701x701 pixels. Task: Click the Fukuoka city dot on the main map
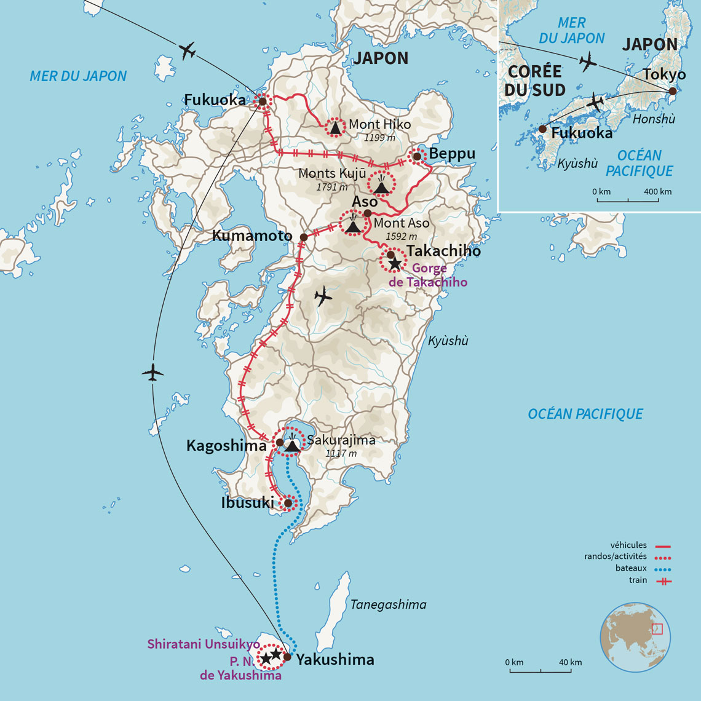pyautogui.click(x=262, y=101)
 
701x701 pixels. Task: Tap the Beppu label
pyautogui.click(x=452, y=154)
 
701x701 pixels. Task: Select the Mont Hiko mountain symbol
pyautogui.click(x=335, y=128)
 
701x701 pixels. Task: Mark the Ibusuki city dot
pyautogui.click(x=287, y=504)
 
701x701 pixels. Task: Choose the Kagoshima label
pyautogui.click(x=227, y=446)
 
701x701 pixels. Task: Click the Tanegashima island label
pyautogui.click(x=388, y=604)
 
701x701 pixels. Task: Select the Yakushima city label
pyautogui.click(x=335, y=660)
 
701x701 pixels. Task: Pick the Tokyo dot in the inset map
pyautogui.click(x=673, y=91)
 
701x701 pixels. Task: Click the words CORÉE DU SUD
pyautogui.click(x=535, y=81)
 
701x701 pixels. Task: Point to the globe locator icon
pyautogui.click(x=635, y=636)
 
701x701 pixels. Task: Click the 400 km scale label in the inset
pyautogui.click(x=657, y=192)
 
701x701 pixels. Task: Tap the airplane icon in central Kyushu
pyautogui.click(x=323, y=297)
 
